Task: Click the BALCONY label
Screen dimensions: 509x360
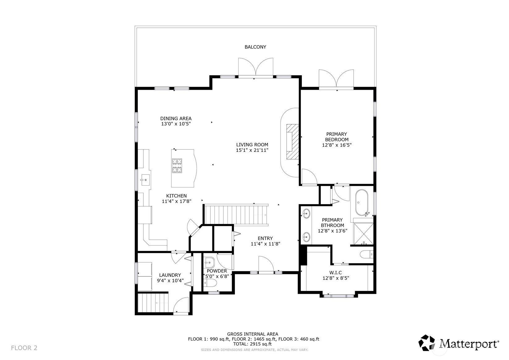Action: (255, 47)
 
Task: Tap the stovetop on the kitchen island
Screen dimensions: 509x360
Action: (177, 165)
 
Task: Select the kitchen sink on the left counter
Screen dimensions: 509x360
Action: (145, 180)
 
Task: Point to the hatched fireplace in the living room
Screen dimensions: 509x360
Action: (292, 141)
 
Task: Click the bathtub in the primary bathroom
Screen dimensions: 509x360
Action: (362, 203)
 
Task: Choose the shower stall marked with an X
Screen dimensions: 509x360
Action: (363, 234)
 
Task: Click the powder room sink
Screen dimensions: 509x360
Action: (210, 263)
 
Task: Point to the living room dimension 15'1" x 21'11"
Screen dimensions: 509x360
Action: (252, 150)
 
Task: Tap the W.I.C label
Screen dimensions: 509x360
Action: (335, 272)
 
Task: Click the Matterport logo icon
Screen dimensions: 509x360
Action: (427, 343)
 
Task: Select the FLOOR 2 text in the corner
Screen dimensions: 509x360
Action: (24, 348)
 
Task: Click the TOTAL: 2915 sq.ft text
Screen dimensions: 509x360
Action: (252, 344)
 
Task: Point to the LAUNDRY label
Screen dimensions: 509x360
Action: (170, 275)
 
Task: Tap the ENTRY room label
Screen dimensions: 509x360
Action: (265, 238)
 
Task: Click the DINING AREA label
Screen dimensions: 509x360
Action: (176, 118)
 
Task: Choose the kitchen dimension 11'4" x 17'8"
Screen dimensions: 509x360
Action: (176, 201)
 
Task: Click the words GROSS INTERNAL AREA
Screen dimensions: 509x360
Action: (252, 334)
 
